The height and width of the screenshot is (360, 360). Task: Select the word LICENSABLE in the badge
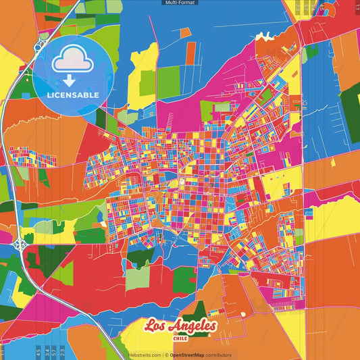coord(72,95)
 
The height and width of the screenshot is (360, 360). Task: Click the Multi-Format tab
coord(180,3)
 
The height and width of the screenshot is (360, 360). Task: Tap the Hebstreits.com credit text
coord(145,355)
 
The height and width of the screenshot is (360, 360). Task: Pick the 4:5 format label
coord(37,352)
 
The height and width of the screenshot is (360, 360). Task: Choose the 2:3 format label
coord(61,352)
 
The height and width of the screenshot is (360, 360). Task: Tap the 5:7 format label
coord(53,352)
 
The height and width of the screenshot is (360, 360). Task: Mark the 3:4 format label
coord(45,352)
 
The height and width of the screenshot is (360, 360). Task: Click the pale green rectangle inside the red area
coord(137,278)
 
